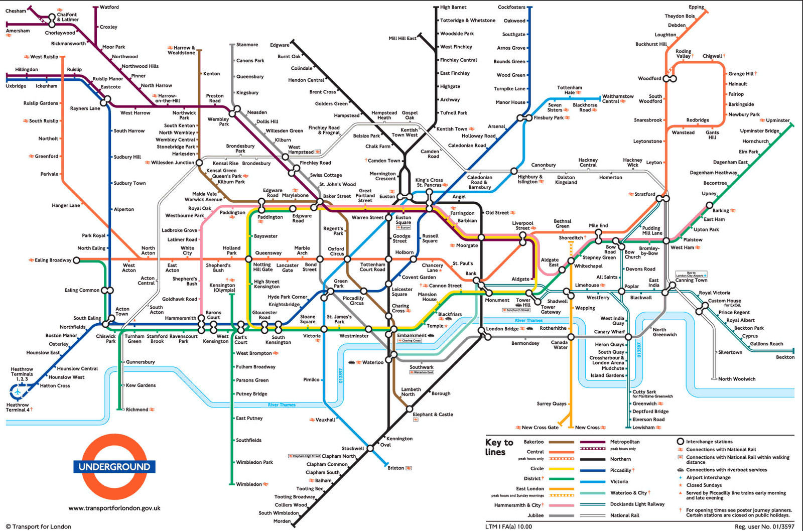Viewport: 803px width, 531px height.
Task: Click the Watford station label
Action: click(109, 7)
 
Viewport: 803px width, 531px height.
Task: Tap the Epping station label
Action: click(696, 7)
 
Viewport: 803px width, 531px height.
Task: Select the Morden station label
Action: click(282, 521)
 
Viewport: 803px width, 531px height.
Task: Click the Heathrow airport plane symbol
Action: click(18, 391)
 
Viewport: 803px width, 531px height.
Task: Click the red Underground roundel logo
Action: click(114, 466)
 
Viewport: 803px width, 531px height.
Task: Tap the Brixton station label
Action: click(395, 468)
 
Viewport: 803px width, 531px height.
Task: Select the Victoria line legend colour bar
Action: click(593, 481)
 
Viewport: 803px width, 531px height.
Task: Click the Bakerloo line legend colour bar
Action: click(561, 442)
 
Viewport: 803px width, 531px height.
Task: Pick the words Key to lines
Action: click(499, 447)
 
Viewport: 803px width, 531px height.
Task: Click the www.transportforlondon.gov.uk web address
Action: click(114, 508)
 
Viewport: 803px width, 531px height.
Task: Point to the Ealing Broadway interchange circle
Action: click(76, 260)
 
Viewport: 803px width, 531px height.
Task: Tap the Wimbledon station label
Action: click(249, 484)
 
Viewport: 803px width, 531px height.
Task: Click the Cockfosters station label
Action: click(511, 7)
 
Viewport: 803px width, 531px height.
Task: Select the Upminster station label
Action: click(777, 120)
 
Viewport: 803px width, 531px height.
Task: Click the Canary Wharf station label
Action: click(609, 332)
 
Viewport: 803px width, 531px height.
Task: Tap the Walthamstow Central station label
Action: click(617, 99)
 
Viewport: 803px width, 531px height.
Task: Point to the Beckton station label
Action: click(785, 357)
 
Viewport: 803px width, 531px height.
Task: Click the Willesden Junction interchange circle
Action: click(199, 163)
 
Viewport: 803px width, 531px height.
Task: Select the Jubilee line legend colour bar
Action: click(561, 515)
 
